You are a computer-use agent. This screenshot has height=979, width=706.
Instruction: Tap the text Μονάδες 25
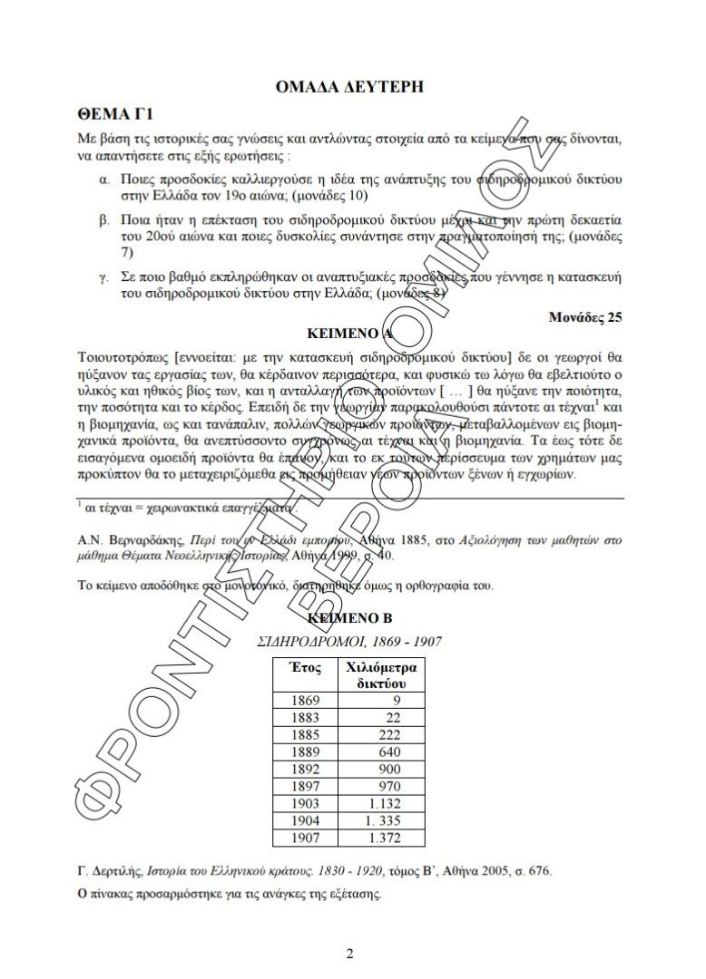[584, 317]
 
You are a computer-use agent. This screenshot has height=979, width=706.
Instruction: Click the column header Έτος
[305, 667]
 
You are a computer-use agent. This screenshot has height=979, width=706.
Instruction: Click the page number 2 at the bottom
[350, 953]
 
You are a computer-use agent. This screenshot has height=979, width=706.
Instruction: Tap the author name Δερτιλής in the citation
[117, 872]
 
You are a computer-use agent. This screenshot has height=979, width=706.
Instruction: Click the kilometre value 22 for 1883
[393, 717]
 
